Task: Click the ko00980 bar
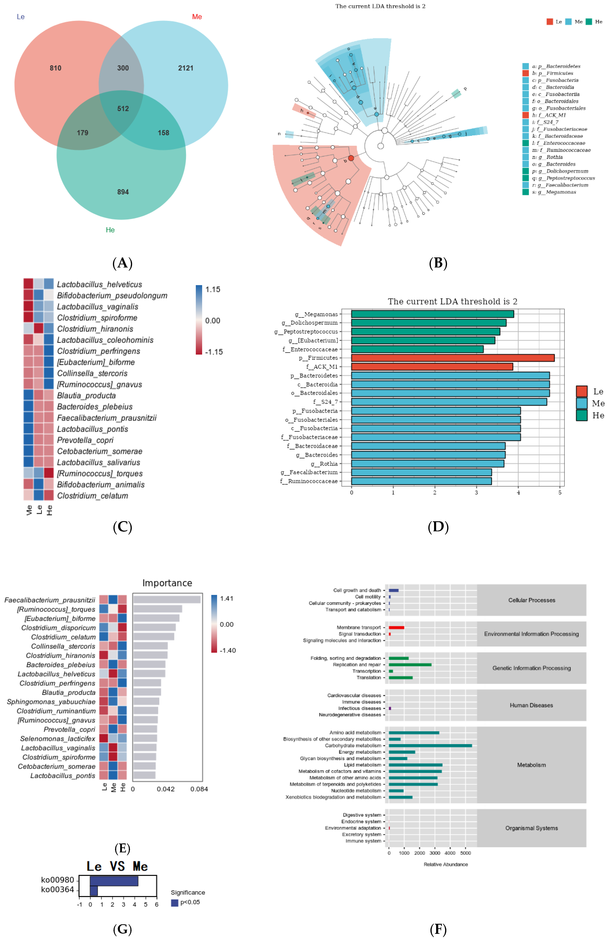pos(114,881)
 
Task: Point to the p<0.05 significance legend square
pos(174,903)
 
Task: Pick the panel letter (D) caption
pos(438,527)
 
